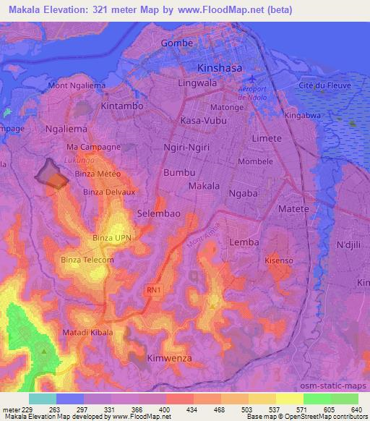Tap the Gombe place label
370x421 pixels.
178,43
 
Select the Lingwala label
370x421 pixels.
198,84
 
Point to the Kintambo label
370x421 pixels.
123,106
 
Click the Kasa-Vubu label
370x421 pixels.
203,120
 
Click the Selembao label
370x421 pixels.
158,213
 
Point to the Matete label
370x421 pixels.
294,208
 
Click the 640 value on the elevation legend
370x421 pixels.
356,408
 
